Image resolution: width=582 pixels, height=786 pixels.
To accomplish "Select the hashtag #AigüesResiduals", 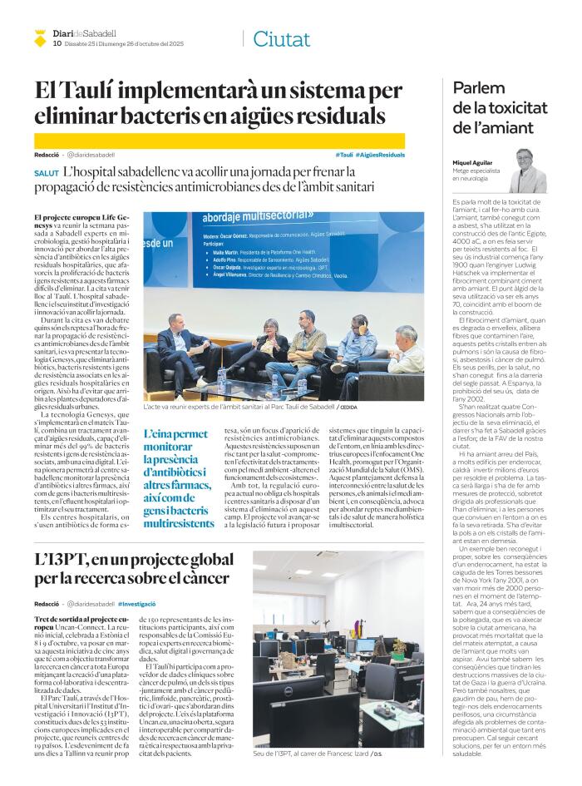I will point(380,156).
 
